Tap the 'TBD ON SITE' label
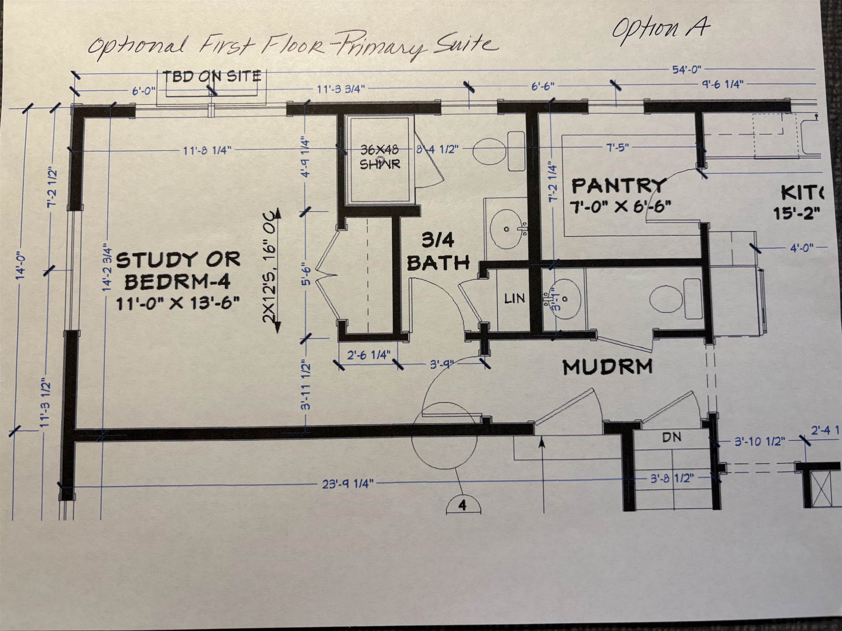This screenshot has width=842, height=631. coord(213,76)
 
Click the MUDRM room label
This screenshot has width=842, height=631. coord(608,367)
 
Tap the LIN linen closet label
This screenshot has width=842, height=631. coord(515,299)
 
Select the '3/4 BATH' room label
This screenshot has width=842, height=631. coord(438,252)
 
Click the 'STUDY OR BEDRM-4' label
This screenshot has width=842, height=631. coord(178,271)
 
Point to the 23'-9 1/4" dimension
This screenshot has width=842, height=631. coord(348,484)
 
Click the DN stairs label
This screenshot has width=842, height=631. coord(672,437)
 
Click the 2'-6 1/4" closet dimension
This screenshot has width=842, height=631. coord(368,355)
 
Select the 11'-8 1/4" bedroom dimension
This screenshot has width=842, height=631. coord(207,150)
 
